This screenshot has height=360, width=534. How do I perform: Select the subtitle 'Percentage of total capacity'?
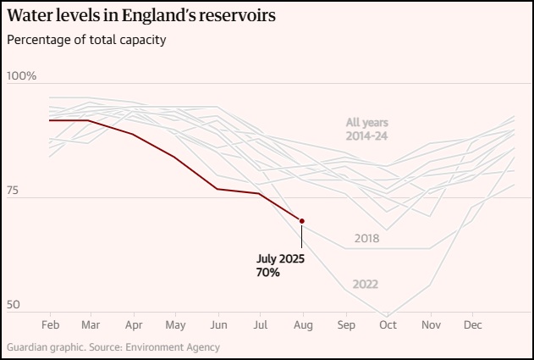point(86,40)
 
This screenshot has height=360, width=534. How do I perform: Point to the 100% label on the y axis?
point(22,76)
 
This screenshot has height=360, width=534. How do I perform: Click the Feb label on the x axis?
point(50,324)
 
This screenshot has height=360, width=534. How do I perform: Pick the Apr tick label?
point(133,324)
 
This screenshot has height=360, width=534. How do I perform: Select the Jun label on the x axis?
point(217,324)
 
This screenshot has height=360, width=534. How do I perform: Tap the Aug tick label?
point(302,324)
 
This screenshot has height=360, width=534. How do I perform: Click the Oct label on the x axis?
point(388,324)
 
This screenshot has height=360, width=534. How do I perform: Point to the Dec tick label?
point(473,324)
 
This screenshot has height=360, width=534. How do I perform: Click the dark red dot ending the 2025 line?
point(302,221)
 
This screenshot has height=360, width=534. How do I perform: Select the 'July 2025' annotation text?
point(279,258)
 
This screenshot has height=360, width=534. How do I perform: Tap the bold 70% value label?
point(267,272)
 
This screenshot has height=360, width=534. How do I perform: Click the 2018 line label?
point(367,238)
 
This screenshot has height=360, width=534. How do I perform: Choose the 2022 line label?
point(365,284)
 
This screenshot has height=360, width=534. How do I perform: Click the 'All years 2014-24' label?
point(366,129)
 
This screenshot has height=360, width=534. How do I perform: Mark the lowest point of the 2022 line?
point(388,315)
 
